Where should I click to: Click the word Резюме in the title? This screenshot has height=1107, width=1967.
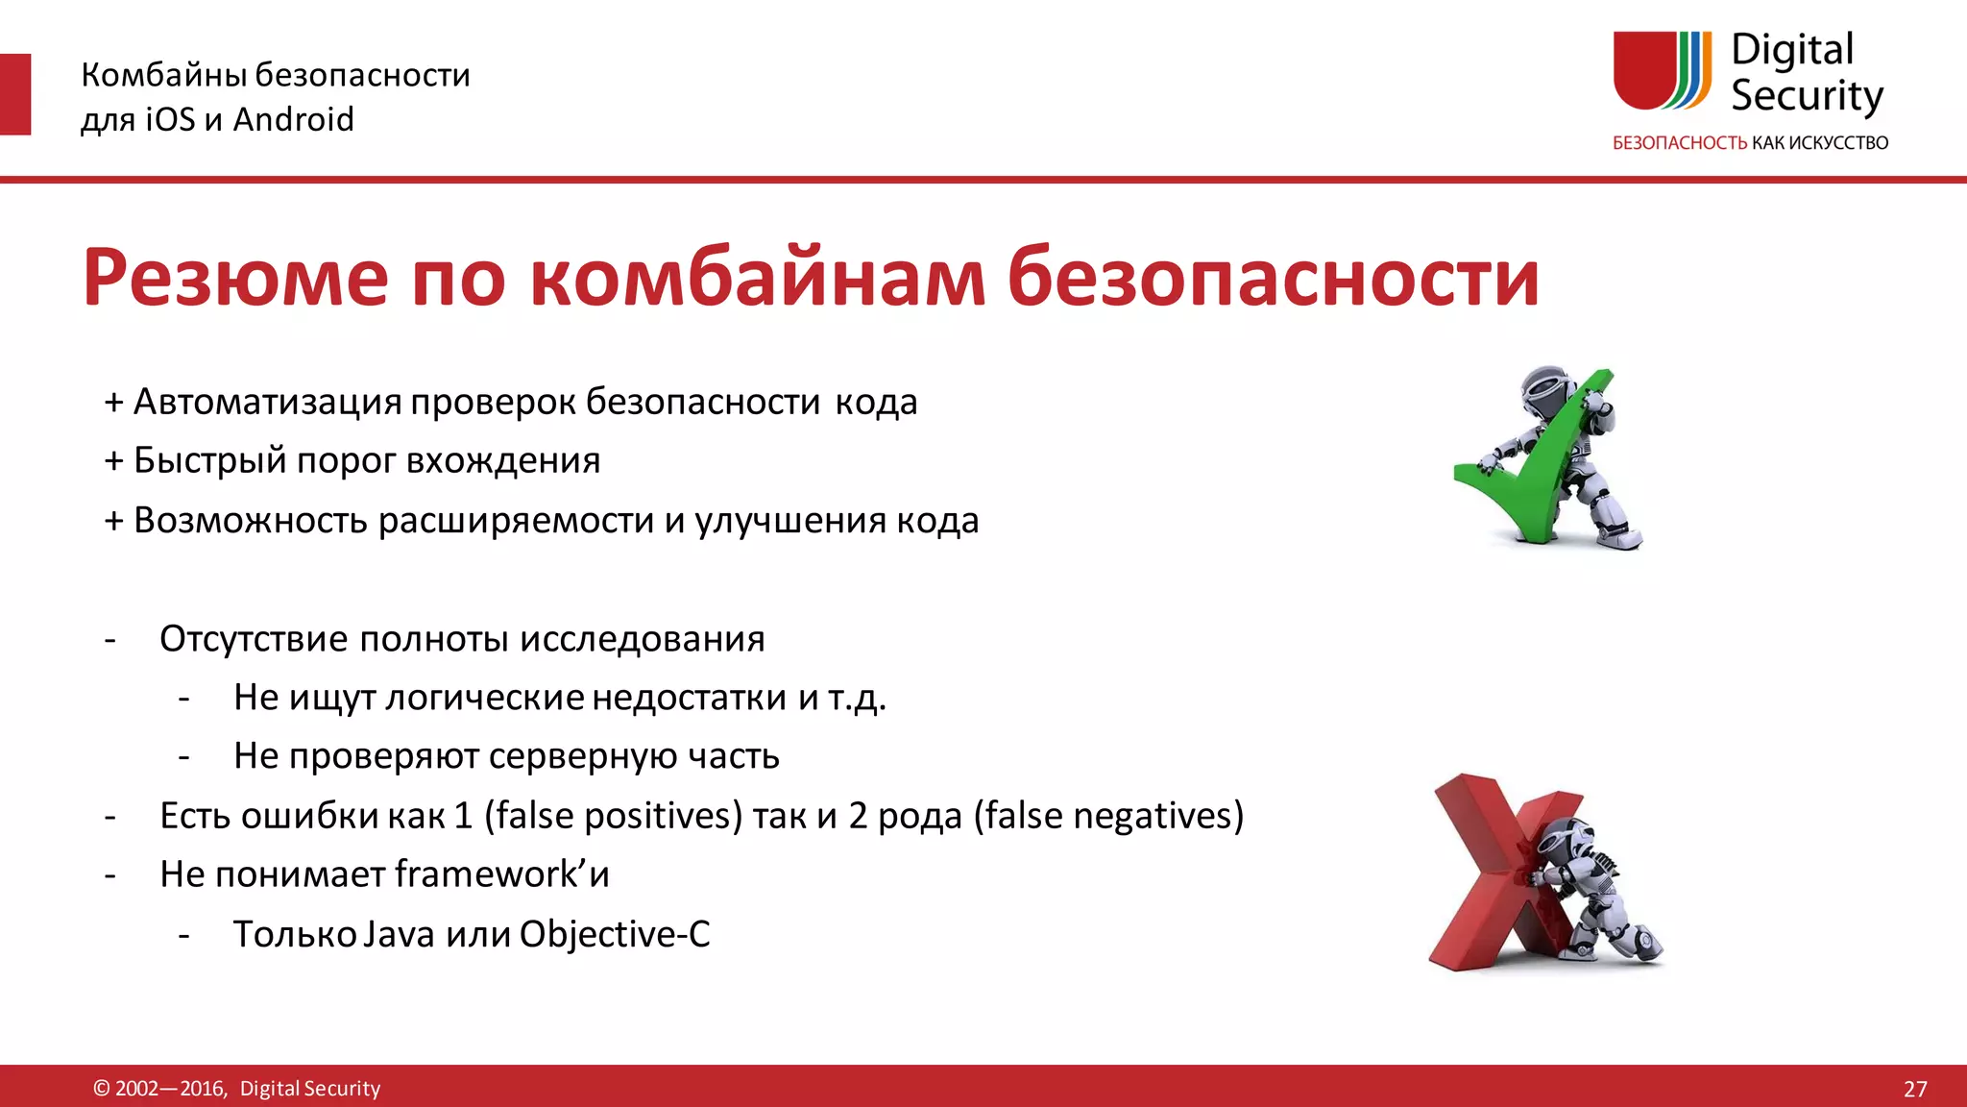click(x=235, y=279)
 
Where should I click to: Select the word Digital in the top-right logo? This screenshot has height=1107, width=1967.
click(x=1791, y=50)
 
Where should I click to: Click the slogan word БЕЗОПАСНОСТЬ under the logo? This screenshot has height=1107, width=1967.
click(x=1679, y=143)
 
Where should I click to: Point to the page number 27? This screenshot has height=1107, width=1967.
click(x=1914, y=1089)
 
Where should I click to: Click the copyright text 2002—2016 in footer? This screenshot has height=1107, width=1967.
click(x=170, y=1089)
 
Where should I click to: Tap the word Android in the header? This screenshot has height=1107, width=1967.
click(x=294, y=119)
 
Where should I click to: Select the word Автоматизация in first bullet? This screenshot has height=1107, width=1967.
click(x=267, y=402)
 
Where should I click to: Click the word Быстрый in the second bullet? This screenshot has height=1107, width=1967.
click(x=209, y=460)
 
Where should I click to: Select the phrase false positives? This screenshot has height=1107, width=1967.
click(x=615, y=816)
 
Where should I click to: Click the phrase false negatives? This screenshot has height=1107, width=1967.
click(x=1109, y=816)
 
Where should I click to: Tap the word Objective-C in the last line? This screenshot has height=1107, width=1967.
click(x=615, y=934)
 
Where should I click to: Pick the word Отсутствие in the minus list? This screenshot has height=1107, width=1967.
click(x=254, y=639)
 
